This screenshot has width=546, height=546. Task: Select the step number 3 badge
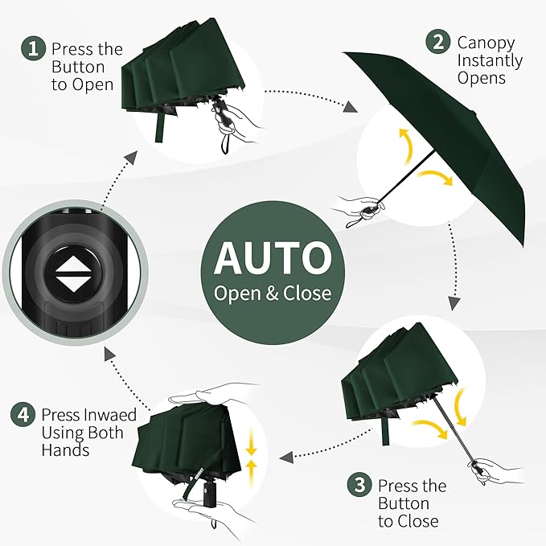point(359,486)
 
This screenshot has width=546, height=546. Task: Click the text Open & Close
point(273,293)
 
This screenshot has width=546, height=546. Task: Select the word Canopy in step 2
point(486,43)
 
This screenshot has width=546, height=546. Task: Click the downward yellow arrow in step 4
point(252,441)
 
